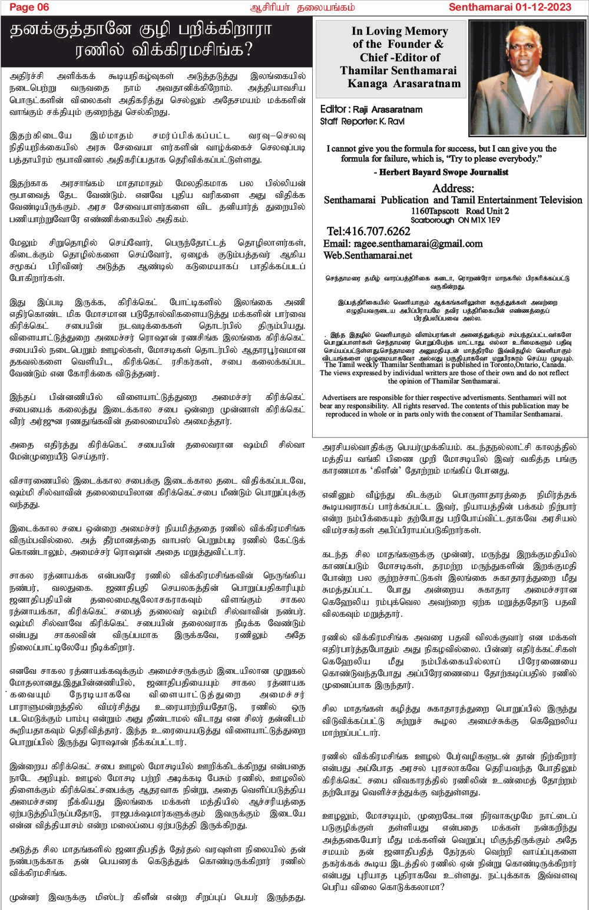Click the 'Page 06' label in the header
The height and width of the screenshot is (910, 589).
(x=29, y=7)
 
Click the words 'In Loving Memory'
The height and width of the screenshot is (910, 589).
(x=399, y=31)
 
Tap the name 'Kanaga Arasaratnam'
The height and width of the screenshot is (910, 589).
(x=404, y=83)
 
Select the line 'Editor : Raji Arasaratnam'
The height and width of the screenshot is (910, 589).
(x=371, y=110)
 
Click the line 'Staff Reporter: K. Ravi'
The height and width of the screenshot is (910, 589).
(x=362, y=121)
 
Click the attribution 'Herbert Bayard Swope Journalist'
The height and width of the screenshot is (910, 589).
(x=441, y=172)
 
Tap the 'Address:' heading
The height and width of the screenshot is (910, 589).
(x=453, y=188)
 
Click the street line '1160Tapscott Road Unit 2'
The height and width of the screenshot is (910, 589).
(x=460, y=211)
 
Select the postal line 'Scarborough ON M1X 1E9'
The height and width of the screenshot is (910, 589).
(x=455, y=220)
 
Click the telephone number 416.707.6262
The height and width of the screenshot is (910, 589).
(x=369, y=231)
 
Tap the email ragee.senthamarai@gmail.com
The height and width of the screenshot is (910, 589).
(x=403, y=243)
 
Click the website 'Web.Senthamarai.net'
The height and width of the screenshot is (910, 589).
(x=368, y=255)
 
